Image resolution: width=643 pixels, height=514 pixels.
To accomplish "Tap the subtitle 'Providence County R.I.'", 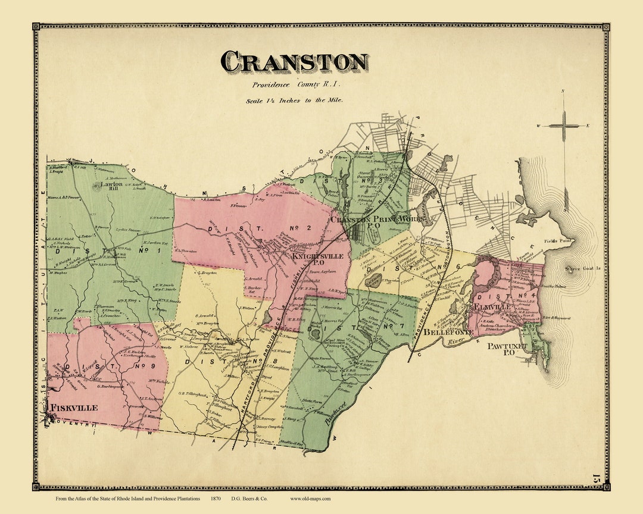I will (295, 86).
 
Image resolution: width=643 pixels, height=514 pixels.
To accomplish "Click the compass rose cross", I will (563, 126).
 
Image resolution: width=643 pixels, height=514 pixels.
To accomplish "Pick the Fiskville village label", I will (74, 408).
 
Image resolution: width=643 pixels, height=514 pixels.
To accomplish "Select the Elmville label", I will (492, 308).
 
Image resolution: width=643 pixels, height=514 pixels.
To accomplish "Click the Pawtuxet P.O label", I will (508, 348).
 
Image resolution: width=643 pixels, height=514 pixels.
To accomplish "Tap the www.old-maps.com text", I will (310, 499).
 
